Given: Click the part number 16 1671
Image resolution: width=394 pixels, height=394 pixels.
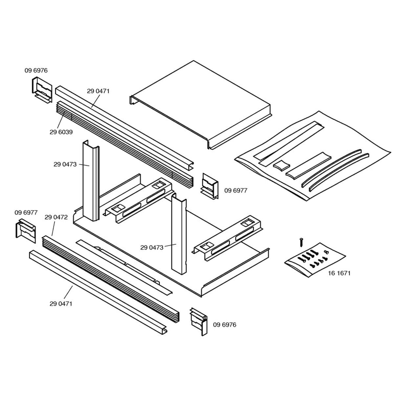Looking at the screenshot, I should [x=339, y=273].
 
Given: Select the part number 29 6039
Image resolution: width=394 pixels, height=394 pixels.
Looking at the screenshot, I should [x=61, y=132].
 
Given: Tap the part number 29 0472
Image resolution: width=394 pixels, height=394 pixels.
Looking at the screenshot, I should [x=56, y=217].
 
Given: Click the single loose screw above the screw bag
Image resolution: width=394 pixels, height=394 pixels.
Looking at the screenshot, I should [x=300, y=242].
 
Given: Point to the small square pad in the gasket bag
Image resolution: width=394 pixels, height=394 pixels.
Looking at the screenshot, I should [x=282, y=165].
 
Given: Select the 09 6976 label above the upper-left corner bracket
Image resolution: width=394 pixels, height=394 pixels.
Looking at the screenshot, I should [x=36, y=70].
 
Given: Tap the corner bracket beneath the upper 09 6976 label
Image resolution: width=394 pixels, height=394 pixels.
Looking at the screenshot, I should [x=42, y=90].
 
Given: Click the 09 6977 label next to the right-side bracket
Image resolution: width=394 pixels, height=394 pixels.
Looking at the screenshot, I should [x=236, y=190].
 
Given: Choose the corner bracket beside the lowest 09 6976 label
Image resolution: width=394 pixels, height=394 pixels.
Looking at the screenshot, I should [x=199, y=321].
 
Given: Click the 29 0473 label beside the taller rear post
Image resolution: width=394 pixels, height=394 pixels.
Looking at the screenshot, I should [x=65, y=164].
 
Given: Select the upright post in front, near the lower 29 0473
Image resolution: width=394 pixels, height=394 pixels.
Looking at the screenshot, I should [x=179, y=235].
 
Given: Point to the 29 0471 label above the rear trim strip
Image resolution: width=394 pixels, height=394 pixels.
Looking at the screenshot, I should [x=98, y=91].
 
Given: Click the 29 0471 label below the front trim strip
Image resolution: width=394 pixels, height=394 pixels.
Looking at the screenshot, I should [x=61, y=304].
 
